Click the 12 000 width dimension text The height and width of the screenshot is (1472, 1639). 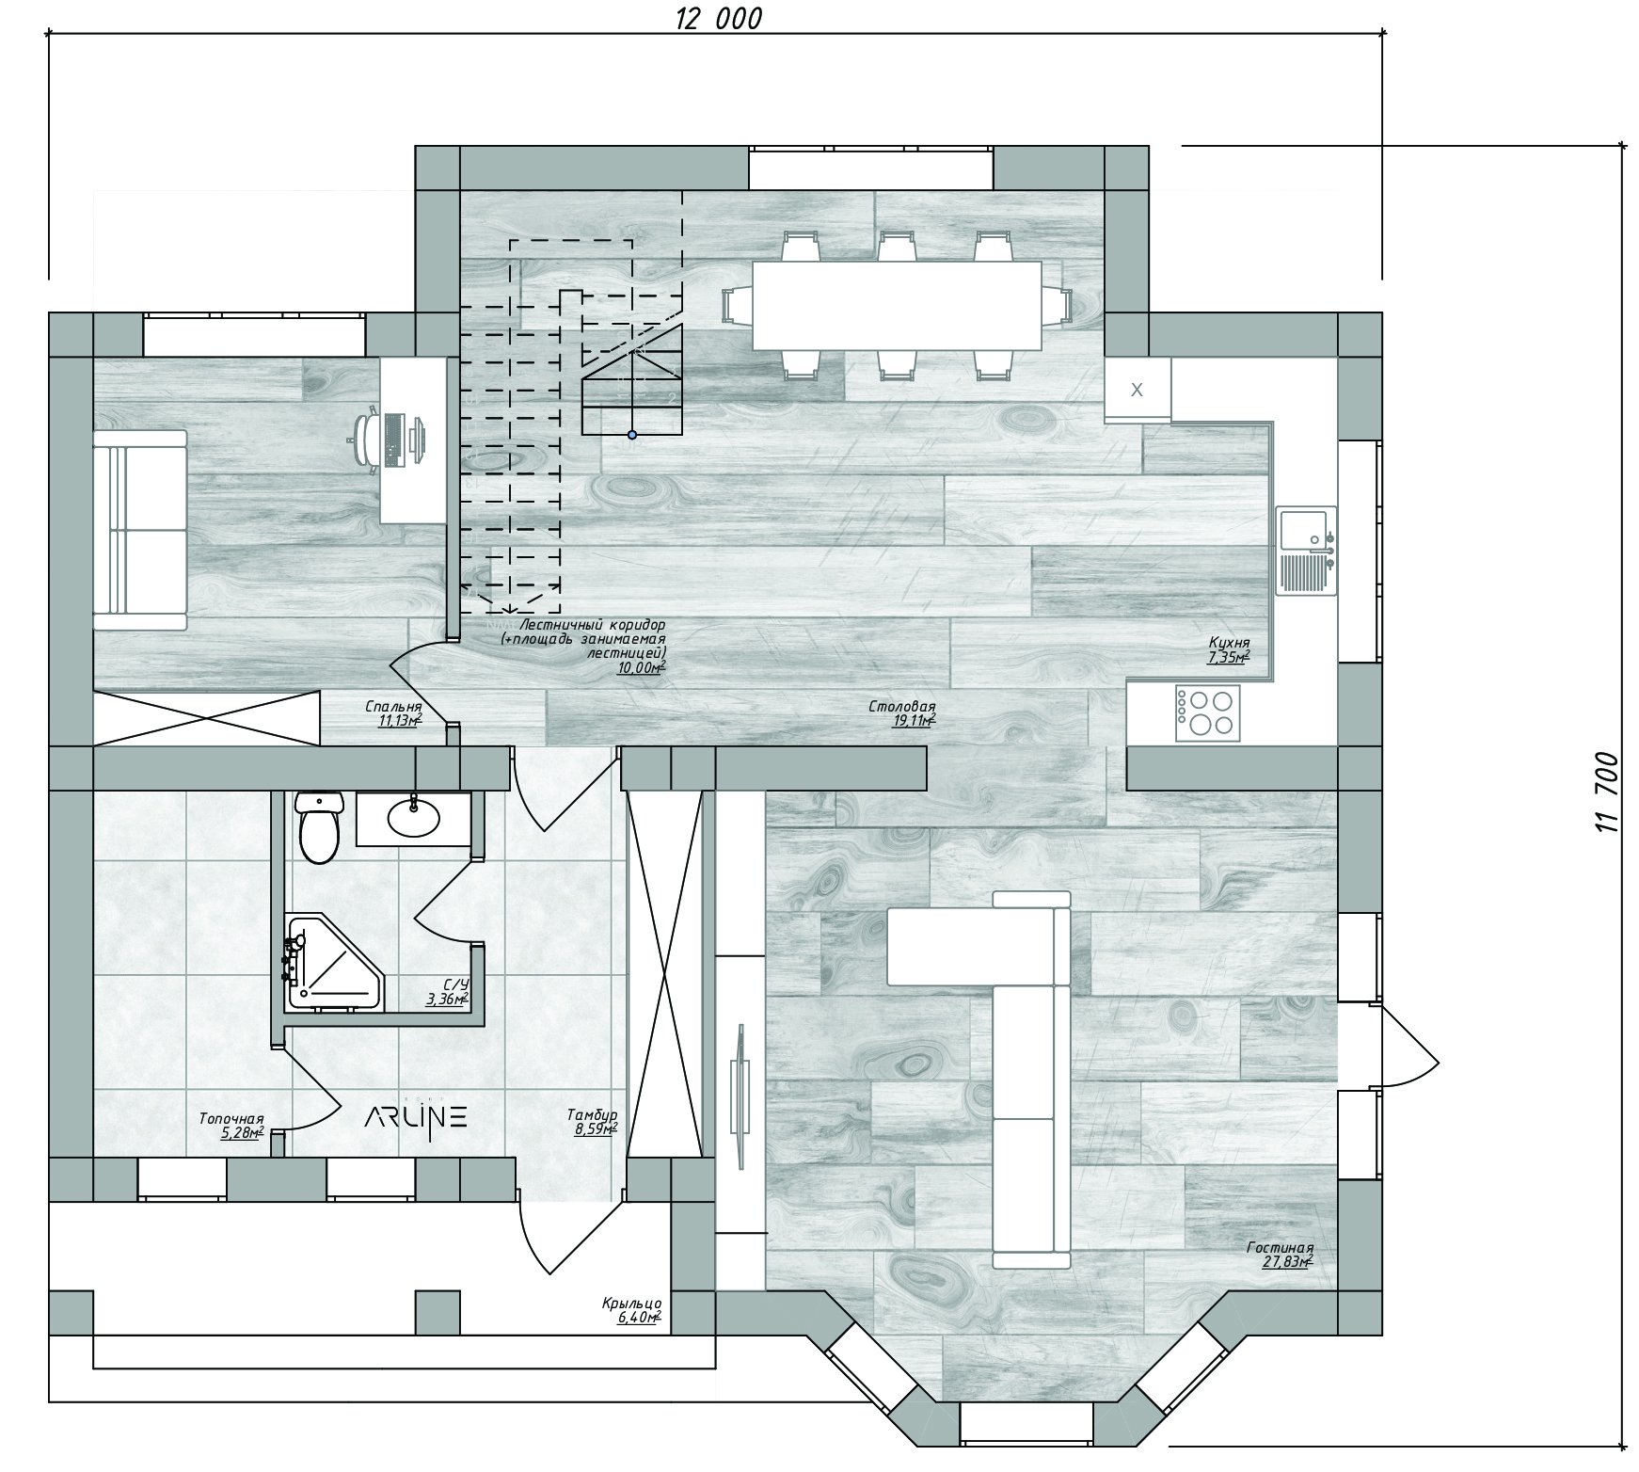[718, 19]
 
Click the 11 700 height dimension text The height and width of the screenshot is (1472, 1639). [1606, 792]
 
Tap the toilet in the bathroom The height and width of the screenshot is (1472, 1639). [318, 825]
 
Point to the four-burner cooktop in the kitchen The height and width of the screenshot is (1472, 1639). [1206, 712]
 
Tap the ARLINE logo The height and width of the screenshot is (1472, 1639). [415, 1117]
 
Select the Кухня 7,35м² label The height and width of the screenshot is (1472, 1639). [1229, 649]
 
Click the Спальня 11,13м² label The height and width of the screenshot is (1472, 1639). [393, 714]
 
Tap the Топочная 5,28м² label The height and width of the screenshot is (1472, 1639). [231, 1126]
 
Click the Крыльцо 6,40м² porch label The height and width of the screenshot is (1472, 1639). [631, 1310]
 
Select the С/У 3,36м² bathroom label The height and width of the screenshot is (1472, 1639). [446, 992]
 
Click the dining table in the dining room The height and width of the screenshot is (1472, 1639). [897, 305]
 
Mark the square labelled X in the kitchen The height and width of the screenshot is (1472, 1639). [1138, 390]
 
